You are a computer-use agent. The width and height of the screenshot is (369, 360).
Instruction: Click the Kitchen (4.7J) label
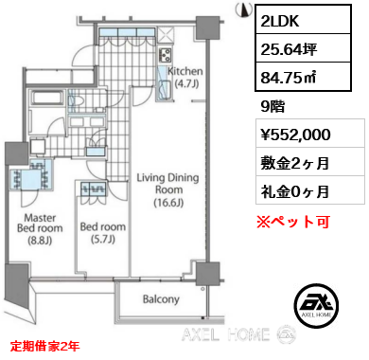(x=185, y=78)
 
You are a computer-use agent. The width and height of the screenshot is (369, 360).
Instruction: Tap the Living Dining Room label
(x=167, y=189)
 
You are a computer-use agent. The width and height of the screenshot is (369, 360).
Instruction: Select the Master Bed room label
(x=40, y=229)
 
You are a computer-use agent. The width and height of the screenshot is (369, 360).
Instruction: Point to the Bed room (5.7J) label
(x=103, y=233)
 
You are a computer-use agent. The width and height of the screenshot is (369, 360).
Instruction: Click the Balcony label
(x=161, y=299)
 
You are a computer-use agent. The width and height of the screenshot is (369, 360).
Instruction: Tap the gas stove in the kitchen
(x=165, y=55)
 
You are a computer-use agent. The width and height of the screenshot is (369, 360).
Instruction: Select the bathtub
(x=47, y=98)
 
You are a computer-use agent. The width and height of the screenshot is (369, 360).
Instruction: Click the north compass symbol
(x=244, y=9)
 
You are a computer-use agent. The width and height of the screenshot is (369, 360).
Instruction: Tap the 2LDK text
(x=280, y=20)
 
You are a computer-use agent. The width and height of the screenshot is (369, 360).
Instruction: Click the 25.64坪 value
(x=289, y=49)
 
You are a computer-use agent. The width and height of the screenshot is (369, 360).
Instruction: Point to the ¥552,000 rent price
(x=295, y=135)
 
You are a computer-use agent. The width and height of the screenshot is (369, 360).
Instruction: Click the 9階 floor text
(x=272, y=107)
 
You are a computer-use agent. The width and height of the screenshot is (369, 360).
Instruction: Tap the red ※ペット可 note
(x=293, y=222)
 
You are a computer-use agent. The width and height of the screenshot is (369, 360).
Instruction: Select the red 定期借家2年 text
(x=44, y=347)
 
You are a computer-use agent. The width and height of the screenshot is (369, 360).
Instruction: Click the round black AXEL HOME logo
(x=317, y=306)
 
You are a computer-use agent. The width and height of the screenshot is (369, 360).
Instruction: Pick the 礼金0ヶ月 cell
(x=310, y=189)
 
